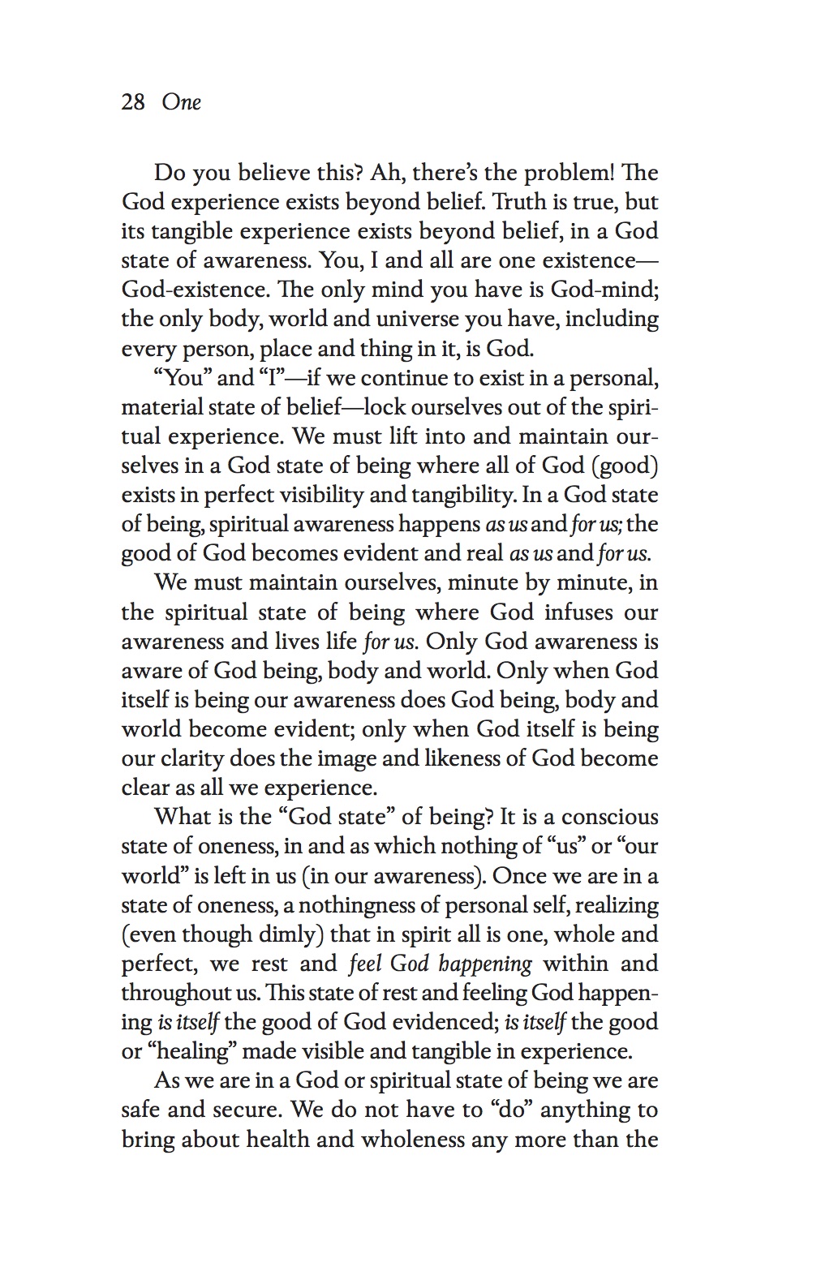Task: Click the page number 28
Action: [133, 102]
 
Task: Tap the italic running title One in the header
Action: [181, 102]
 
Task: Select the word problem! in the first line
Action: [570, 173]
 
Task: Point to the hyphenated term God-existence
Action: [187, 290]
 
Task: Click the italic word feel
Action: [365, 964]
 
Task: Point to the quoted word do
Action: [513, 1110]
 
